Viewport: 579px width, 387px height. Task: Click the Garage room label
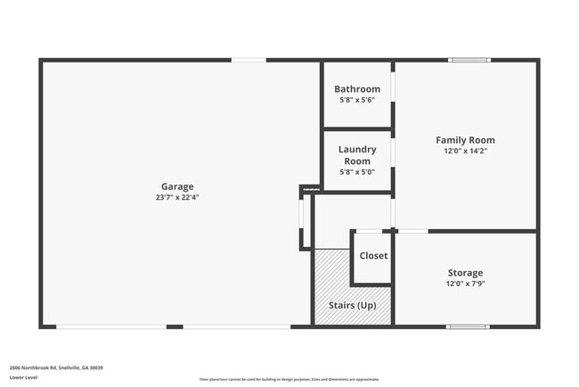177,186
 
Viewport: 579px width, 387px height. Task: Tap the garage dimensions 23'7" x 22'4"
177,197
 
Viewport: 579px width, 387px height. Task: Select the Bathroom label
357,89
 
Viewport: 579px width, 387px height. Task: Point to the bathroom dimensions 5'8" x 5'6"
357,100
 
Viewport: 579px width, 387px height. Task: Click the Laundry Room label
357,155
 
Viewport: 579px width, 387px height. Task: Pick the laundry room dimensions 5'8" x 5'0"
357,172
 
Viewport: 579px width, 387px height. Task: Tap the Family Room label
465,140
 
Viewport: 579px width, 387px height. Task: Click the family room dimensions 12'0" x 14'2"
465,151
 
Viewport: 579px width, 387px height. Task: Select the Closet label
373,256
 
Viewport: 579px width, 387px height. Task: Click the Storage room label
465,273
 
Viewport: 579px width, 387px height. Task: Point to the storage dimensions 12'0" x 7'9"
465,284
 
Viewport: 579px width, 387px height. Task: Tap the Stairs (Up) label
353,306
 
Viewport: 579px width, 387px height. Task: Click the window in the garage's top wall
249,61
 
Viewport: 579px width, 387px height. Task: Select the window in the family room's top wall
469,61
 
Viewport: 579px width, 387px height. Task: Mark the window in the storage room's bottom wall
468,326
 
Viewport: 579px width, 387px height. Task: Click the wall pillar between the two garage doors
175,326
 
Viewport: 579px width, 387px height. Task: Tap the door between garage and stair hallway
303,221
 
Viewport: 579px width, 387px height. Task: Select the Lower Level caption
23,378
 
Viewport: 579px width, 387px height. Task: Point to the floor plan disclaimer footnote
289,379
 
